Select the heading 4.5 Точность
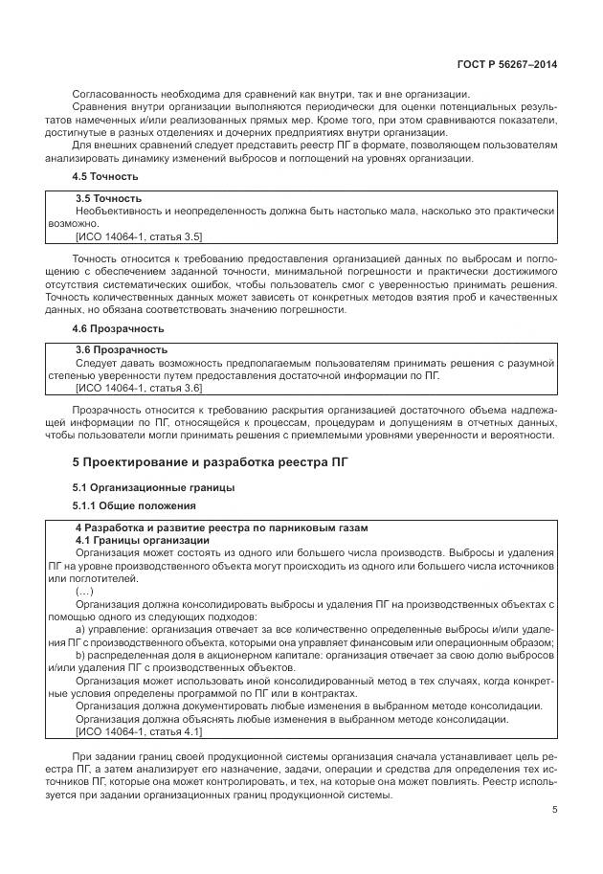(x=106, y=177)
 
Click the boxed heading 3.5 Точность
(x=108, y=198)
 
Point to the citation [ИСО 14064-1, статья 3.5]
(x=139, y=235)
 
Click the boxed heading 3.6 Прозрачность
(x=121, y=349)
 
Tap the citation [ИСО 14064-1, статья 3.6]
(x=139, y=388)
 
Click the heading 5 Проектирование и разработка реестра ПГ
(x=212, y=462)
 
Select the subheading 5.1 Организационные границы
(x=154, y=487)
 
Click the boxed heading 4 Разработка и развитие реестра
(x=221, y=528)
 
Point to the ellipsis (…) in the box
(x=84, y=592)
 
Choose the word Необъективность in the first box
(x=120, y=210)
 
